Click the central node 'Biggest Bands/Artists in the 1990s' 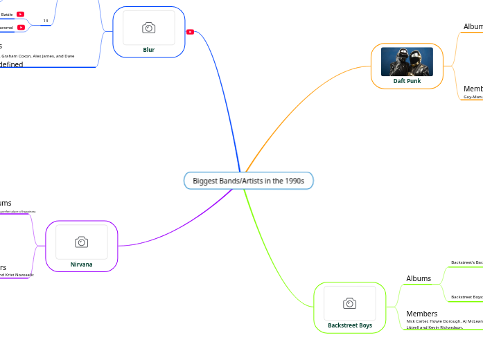pos(248,181)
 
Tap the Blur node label pos(148,50)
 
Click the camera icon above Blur pos(148,28)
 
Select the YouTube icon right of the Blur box pos(190,31)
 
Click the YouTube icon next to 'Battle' pos(21,14)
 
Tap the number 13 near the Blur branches pos(46,21)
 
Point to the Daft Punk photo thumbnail pos(407,62)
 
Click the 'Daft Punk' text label pos(407,81)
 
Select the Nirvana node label pos(81,264)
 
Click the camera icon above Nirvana pos(81,242)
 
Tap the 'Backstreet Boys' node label pos(350,325)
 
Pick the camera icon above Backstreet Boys pos(350,303)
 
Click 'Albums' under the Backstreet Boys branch pos(419,278)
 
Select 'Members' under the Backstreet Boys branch pos(421,314)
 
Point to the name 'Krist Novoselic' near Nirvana pos(17,275)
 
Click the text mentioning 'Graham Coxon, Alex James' pos(35,56)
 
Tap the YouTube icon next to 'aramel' pos(21,28)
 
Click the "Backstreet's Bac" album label pos(466,262)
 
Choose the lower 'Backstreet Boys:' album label pos(466,297)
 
